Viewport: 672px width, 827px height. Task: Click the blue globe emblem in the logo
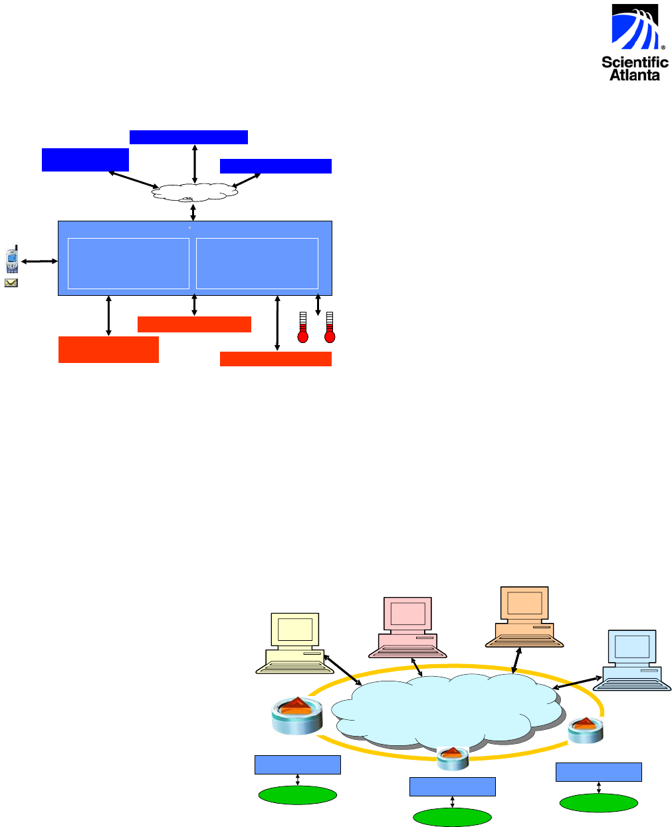[633, 28]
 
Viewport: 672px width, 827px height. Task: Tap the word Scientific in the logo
[635, 62]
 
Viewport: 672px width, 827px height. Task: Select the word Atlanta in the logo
[635, 75]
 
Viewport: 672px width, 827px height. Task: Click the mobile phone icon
[11, 261]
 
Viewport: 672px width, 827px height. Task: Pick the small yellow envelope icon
[11, 283]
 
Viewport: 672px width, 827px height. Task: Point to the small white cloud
[194, 191]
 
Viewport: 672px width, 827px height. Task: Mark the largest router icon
[296, 715]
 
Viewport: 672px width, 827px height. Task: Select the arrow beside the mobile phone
[39, 262]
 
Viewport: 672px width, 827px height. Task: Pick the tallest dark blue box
[85, 160]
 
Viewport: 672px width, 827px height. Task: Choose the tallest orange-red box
[108, 349]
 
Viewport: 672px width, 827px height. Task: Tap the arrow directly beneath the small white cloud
[193, 212]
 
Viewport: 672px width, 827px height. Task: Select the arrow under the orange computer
[516, 661]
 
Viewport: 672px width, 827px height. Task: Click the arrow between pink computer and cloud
[417, 667]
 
